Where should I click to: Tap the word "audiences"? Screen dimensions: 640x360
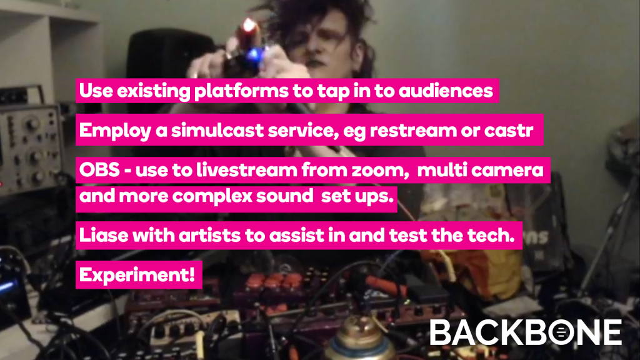[x=446, y=90]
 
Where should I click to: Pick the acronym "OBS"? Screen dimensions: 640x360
[x=99, y=170]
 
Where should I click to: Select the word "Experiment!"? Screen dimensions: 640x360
[x=137, y=275]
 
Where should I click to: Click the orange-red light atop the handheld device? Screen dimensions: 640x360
[x=249, y=26]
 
